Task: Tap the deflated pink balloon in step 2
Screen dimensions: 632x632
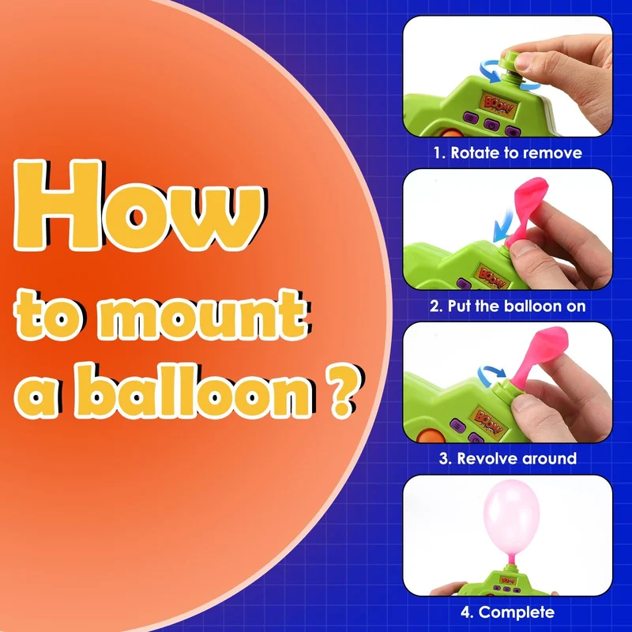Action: coord(528,211)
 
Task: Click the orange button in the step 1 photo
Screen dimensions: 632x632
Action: coord(448,133)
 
